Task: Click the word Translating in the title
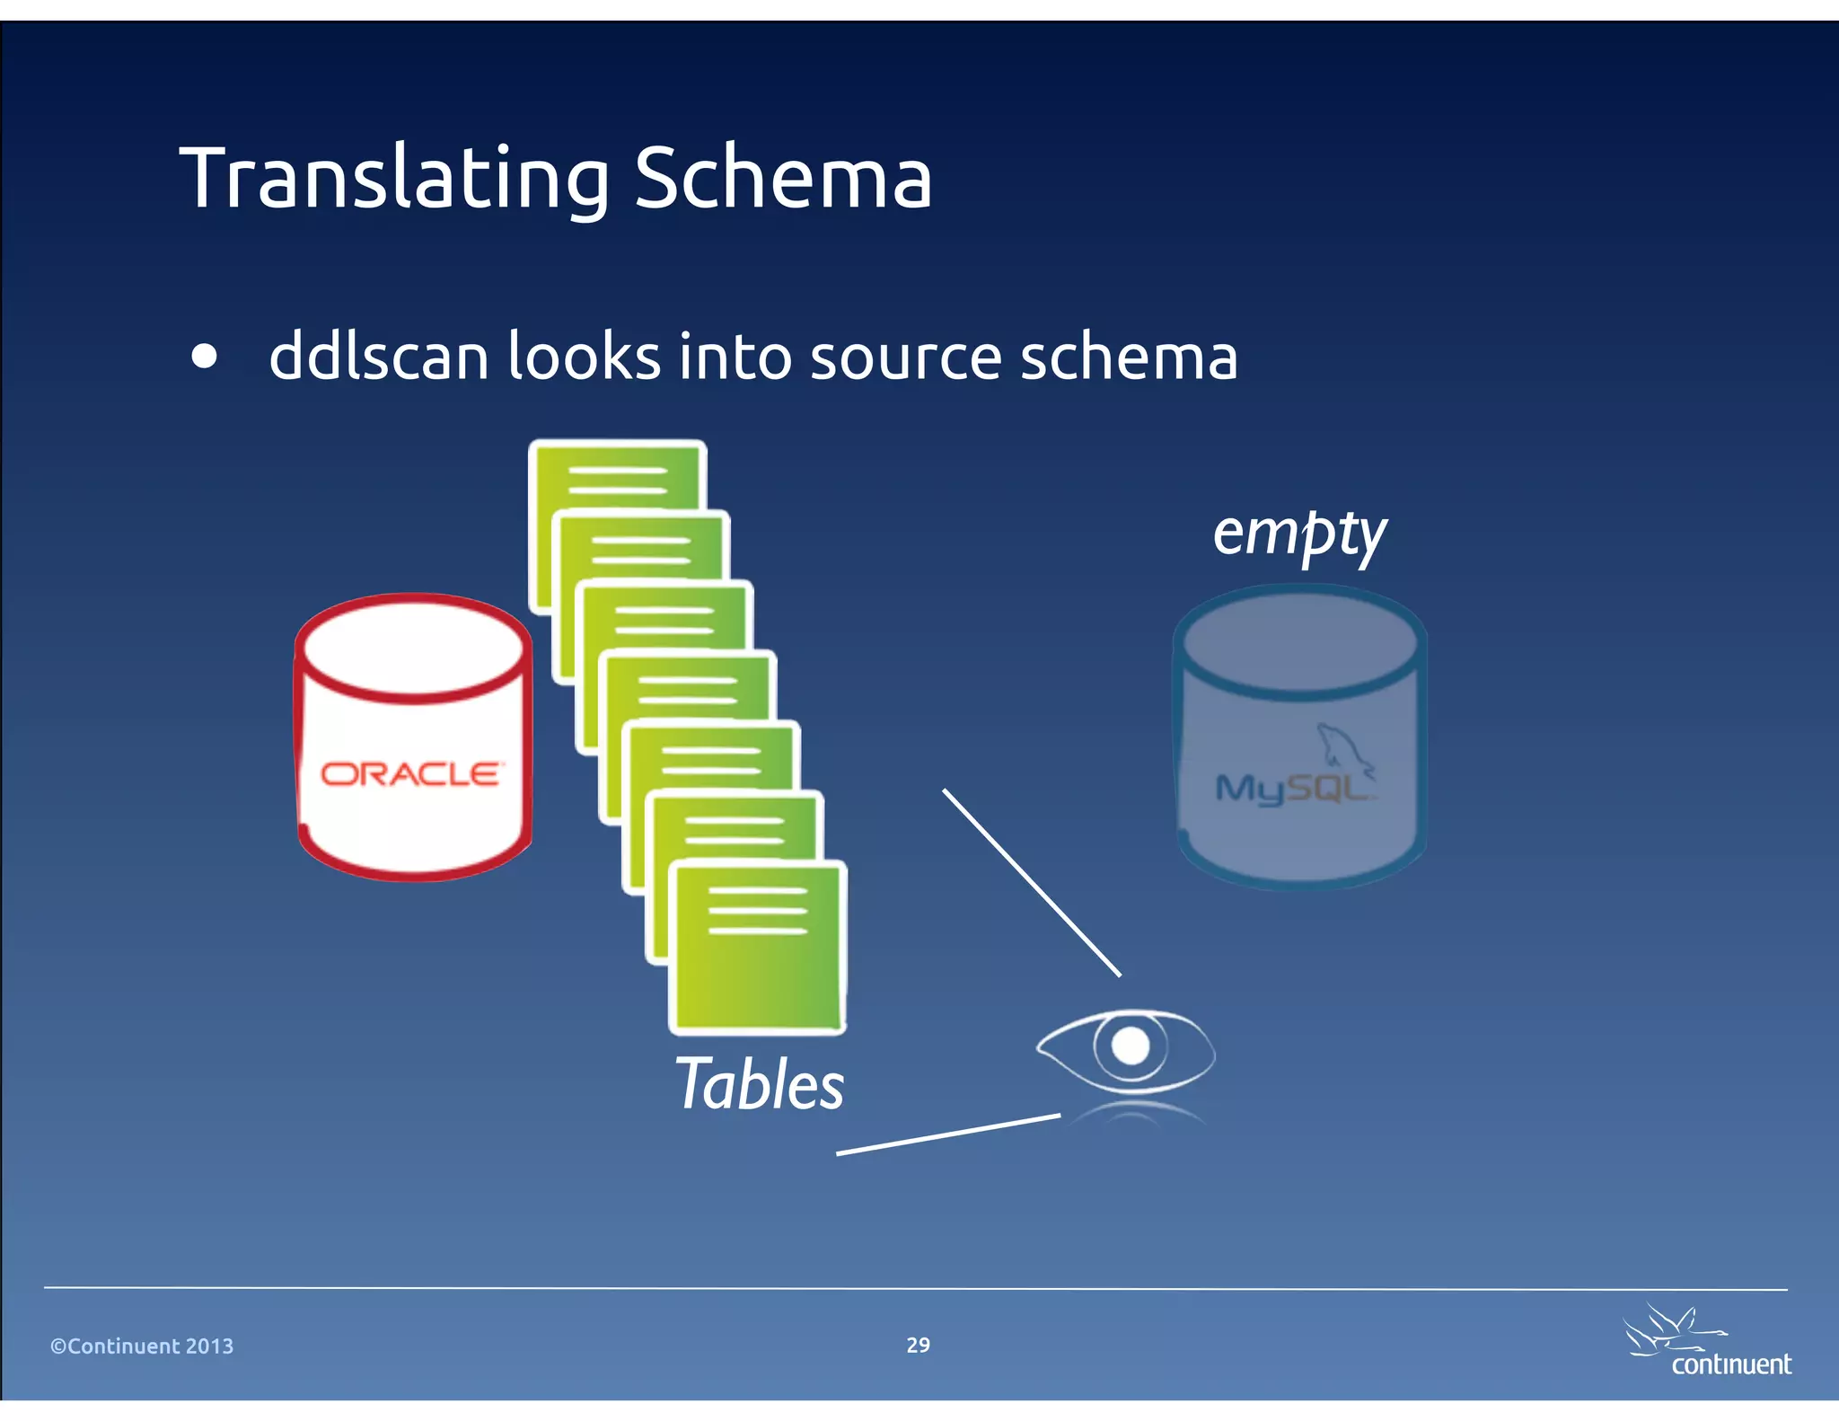[x=395, y=180]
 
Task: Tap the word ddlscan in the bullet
[x=378, y=357]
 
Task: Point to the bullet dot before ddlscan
[x=205, y=357]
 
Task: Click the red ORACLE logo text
[x=411, y=773]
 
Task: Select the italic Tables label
[x=759, y=1085]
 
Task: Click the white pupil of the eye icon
[x=1130, y=1046]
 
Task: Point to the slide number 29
[x=918, y=1345]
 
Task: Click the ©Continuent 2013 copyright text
[x=142, y=1346]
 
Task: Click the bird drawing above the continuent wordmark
[x=1667, y=1328]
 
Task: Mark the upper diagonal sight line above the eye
[x=1031, y=882]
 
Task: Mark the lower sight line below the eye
[x=948, y=1134]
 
